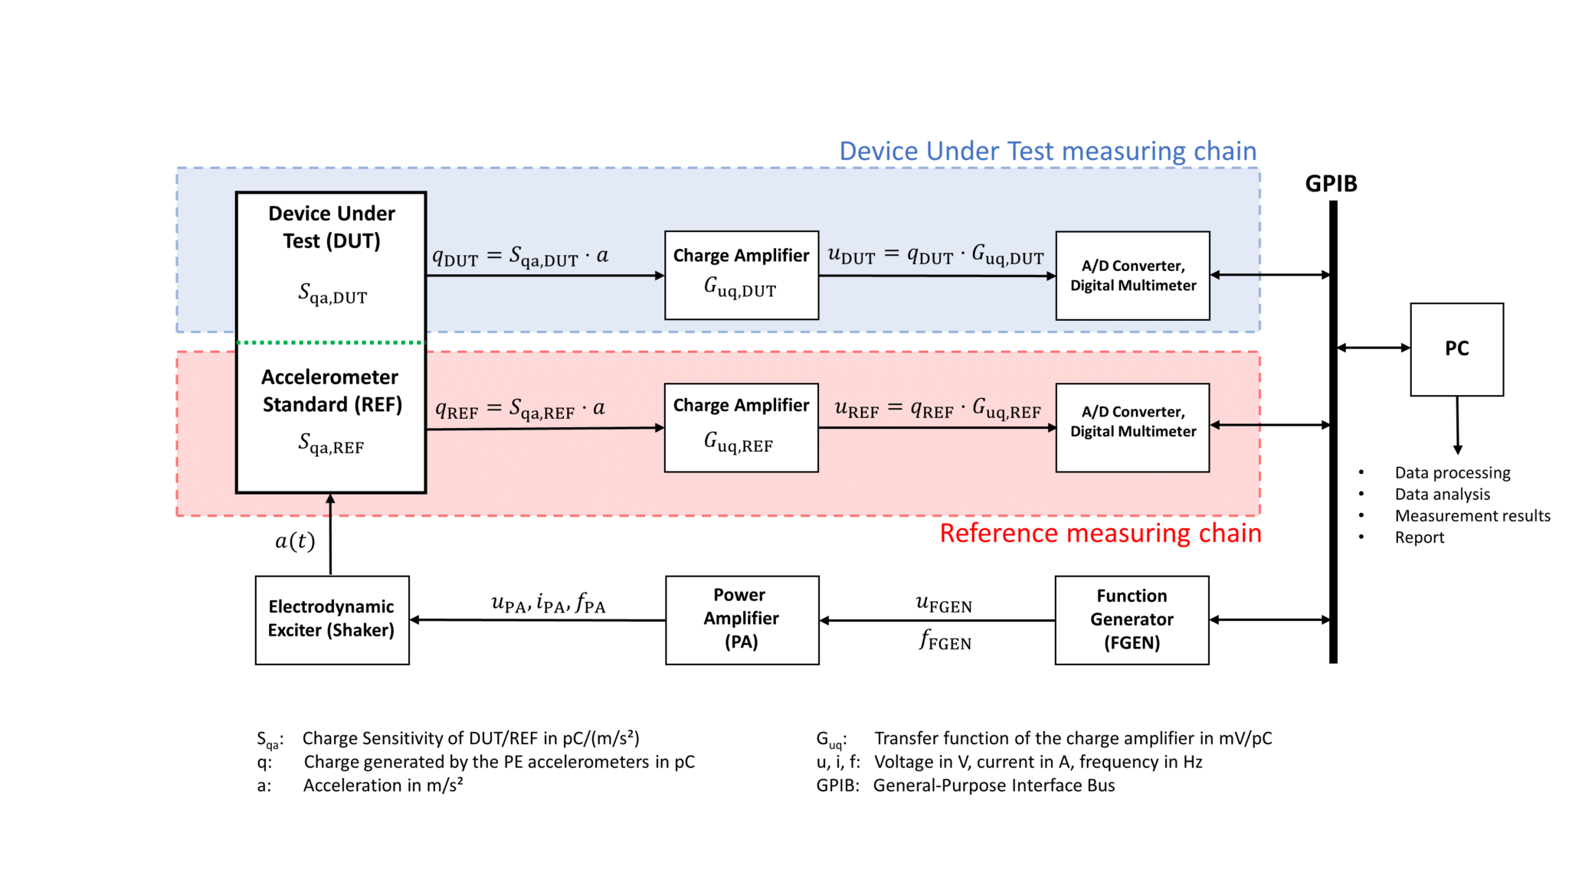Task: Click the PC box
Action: coord(1456,349)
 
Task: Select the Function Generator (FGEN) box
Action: coord(1132,619)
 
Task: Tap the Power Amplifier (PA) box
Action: coord(742,619)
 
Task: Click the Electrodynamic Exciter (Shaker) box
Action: coord(332,619)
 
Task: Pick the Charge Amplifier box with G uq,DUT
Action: coord(741,275)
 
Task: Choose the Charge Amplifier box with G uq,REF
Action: coord(741,427)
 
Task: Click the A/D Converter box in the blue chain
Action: coord(1132,276)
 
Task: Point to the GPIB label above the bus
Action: coord(1331,184)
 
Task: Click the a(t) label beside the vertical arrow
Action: coord(295,541)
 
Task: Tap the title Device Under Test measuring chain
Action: coord(1047,151)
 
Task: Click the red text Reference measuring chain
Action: coord(1100,533)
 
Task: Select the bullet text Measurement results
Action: coord(1472,516)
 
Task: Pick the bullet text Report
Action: coord(1419,537)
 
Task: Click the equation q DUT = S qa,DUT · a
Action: coord(520,256)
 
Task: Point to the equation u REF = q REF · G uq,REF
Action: coord(937,409)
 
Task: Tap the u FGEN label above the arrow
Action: coord(944,604)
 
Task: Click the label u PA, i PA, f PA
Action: coord(548,604)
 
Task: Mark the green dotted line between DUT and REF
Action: coord(330,342)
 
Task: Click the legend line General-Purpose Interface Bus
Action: coord(993,786)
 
